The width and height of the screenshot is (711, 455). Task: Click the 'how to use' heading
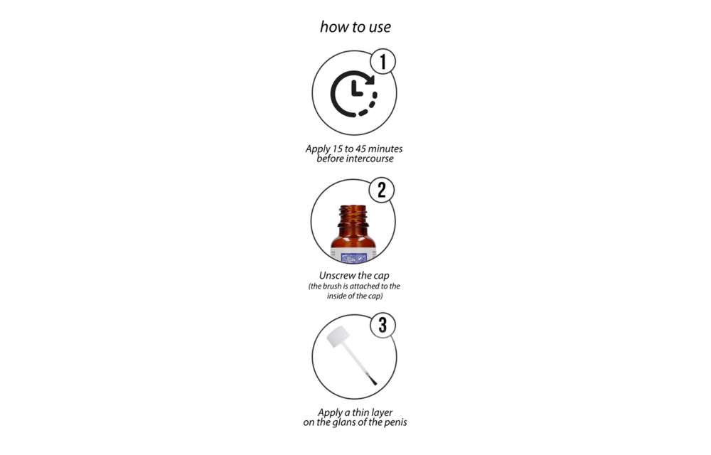click(x=355, y=27)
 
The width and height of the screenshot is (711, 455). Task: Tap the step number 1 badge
click(x=383, y=61)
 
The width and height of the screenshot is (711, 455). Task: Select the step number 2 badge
click(x=381, y=190)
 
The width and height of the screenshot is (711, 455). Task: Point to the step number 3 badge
click(x=383, y=325)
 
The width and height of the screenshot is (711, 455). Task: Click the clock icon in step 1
click(x=353, y=94)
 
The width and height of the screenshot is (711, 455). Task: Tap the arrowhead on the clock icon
click(x=369, y=80)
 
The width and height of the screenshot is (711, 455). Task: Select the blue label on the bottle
click(x=353, y=257)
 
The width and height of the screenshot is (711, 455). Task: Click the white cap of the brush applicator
click(x=338, y=336)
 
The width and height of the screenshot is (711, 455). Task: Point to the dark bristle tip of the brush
click(x=373, y=380)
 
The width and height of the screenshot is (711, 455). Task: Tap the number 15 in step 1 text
click(x=337, y=149)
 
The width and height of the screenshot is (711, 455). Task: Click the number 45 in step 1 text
click(x=361, y=149)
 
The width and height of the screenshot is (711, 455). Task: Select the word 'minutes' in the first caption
click(x=385, y=149)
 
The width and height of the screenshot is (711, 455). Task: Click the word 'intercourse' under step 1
click(x=370, y=159)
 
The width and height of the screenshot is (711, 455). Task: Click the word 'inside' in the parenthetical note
click(x=337, y=296)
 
